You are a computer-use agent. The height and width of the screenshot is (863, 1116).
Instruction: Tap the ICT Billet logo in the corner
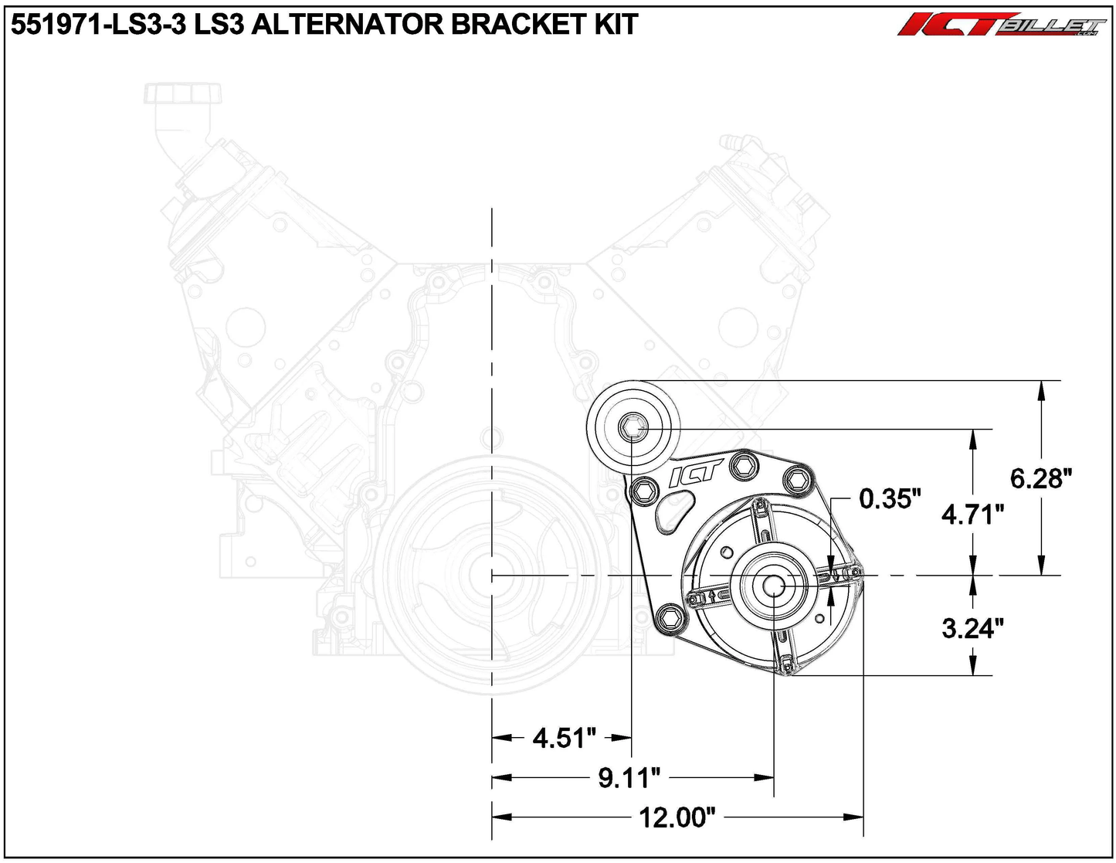coord(1001,25)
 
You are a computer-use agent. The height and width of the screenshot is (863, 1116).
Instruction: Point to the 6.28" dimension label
coord(1041,479)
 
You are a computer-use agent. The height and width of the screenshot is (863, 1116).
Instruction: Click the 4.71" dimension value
coord(972,514)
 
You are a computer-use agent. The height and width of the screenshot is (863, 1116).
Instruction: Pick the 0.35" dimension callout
coord(890,499)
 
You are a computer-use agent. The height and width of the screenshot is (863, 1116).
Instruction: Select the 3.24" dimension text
coord(972,628)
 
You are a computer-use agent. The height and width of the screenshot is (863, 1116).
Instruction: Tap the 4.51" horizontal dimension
coord(564,738)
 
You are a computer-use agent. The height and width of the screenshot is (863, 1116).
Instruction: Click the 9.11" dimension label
coord(629,778)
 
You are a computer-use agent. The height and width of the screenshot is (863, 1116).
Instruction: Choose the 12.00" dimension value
coord(677,817)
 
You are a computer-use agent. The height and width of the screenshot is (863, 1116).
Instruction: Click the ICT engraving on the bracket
coord(694,473)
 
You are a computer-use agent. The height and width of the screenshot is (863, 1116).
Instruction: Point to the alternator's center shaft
coord(774,586)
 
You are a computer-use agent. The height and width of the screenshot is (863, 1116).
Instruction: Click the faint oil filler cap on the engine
coord(183,94)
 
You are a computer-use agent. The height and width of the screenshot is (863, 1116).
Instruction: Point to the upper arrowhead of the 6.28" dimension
coord(1041,390)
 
